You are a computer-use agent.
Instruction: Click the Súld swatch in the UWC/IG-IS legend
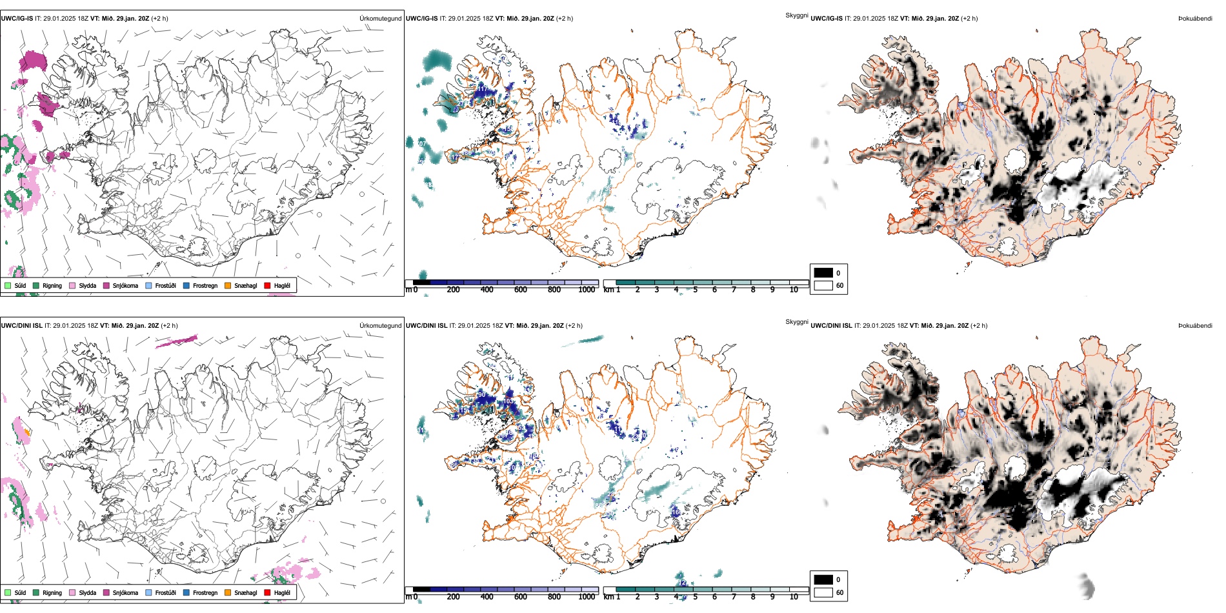click(8, 285)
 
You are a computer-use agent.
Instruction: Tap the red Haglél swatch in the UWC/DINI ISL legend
click(267, 592)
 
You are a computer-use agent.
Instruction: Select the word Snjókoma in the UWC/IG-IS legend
click(125, 285)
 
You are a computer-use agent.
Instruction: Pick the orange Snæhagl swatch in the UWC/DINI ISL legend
click(228, 592)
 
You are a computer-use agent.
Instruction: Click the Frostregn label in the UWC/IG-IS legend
click(205, 285)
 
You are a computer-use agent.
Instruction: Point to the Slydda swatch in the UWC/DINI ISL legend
click(72, 592)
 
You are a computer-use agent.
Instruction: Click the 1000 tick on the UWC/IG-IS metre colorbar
click(587, 290)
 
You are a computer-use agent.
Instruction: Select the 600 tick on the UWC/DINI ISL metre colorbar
click(521, 597)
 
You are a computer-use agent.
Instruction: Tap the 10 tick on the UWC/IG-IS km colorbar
click(794, 290)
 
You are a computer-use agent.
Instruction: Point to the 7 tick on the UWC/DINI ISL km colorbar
click(734, 597)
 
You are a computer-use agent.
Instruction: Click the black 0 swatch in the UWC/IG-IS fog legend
click(823, 273)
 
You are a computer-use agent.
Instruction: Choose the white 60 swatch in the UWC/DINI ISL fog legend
click(823, 592)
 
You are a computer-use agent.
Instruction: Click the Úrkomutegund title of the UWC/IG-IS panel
click(380, 19)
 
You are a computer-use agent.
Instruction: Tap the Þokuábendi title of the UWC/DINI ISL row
click(1195, 326)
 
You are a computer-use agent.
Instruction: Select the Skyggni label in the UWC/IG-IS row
click(796, 15)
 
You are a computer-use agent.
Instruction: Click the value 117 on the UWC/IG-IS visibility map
click(482, 89)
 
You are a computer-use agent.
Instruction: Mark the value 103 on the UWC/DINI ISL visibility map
click(508, 401)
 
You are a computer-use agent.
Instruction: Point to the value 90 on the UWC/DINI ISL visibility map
click(481, 395)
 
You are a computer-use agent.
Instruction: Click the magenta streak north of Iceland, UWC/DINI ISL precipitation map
click(177, 341)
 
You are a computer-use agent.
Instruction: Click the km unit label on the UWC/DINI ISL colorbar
click(608, 597)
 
